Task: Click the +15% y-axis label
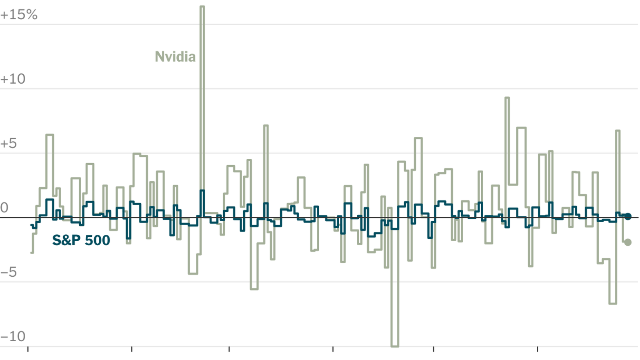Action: (19, 15)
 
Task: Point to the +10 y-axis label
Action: (13, 79)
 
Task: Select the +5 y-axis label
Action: (9, 144)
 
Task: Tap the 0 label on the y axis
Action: (4, 208)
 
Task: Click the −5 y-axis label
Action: (9, 272)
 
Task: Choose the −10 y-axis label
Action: (13, 337)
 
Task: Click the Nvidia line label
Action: (175, 57)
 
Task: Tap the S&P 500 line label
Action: (81, 240)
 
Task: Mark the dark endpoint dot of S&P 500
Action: (628, 216)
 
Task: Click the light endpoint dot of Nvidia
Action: (628, 242)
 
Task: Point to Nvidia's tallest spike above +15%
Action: (202, 7)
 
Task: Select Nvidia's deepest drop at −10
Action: (395, 346)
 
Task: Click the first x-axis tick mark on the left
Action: (28, 349)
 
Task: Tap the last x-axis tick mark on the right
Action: (537, 349)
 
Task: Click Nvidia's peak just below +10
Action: (507, 98)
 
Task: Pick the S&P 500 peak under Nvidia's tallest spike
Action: (202, 191)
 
